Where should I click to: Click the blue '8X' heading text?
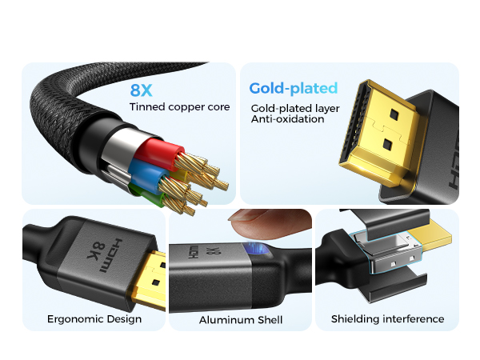point(145,90)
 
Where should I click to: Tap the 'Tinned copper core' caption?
point(179,106)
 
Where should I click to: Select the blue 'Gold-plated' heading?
point(293,88)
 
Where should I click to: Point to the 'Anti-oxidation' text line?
point(287,119)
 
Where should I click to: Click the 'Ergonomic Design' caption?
point(94,319)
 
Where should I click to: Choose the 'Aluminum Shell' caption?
point(241,320)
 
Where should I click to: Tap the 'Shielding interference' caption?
point(387,319)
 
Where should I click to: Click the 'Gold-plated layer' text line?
point(294,107)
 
